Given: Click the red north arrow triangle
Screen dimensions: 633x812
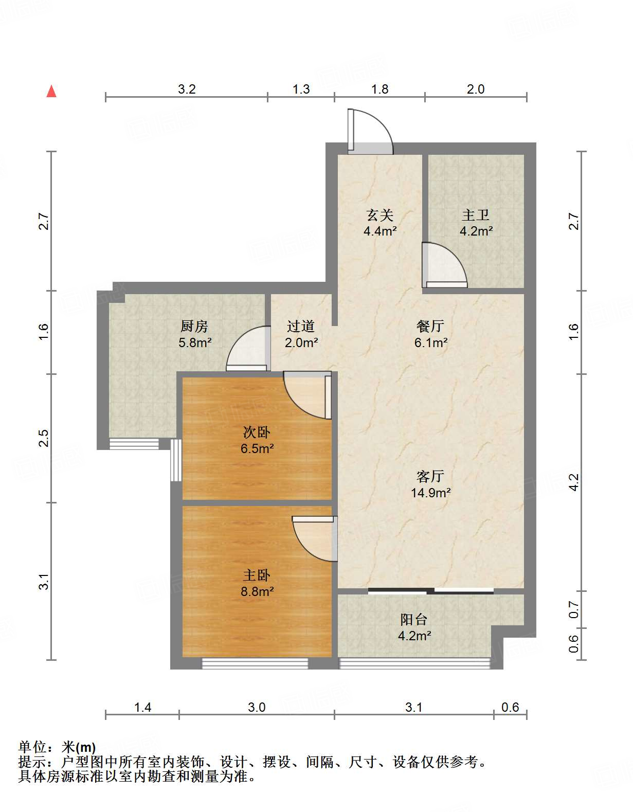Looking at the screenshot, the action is (51, 91).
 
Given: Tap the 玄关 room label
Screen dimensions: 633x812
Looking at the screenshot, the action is (379, 215).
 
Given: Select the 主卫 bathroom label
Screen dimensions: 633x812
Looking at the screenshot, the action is (475, 215).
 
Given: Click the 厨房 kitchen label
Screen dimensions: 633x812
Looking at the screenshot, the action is (194, 326).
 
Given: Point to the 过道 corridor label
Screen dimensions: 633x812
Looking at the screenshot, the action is (301, 326).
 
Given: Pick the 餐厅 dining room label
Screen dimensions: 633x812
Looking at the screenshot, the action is (430, 326).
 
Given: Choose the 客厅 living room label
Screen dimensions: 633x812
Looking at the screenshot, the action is (430, 476).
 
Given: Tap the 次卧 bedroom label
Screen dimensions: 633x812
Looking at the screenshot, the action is (257, 432).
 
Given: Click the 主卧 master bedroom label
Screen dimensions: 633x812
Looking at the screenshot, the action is (257, 575).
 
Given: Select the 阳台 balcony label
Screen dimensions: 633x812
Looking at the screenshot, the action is (413, 620).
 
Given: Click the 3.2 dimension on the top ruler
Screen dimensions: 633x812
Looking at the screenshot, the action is (187, 89).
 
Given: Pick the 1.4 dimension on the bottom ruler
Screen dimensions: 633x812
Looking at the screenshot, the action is (142, 708).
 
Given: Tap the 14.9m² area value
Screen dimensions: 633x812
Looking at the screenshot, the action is (430, 493).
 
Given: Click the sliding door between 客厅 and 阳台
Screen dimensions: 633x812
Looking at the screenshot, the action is (431, 591).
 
